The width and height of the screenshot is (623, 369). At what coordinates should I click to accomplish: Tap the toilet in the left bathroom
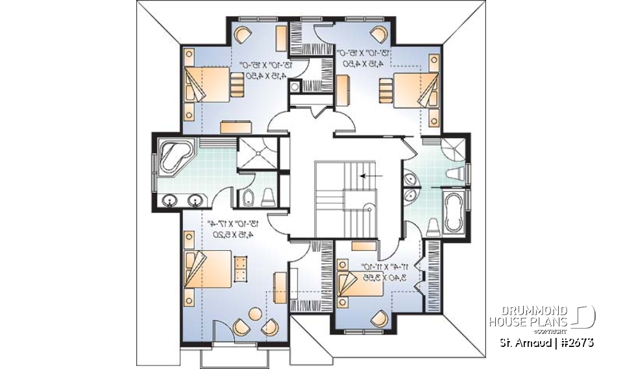(268, 197)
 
